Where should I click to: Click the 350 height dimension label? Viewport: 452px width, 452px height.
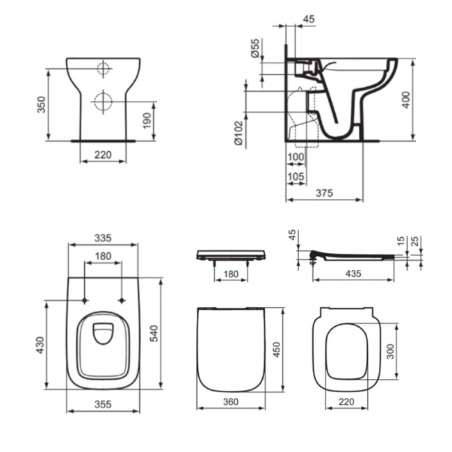tap(42, 104)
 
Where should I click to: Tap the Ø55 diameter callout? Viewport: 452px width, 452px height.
tap(255, 48)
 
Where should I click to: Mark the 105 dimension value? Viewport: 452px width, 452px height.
tap(296, 177)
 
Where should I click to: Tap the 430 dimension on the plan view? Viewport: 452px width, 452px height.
tap(40, 344)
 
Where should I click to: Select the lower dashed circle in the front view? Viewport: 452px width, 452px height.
tap(103, 98)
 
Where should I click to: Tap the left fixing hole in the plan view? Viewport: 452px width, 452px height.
tap(84, 300)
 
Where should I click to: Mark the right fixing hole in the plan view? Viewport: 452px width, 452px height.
tap(122, 300)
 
